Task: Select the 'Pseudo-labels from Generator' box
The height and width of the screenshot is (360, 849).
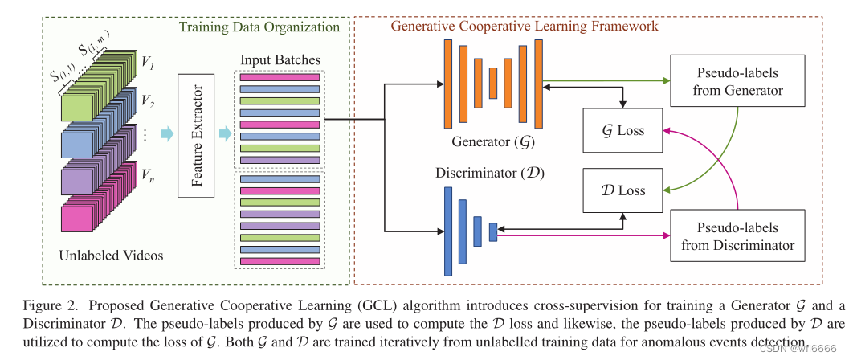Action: [x=737, y=81]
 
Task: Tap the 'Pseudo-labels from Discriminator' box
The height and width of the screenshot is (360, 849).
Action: [x=737, y=235]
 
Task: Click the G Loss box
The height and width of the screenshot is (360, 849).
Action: [x=622, y=130]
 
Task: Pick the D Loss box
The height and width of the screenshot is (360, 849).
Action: [x=622, y=190]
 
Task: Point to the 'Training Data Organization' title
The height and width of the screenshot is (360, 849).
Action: [x=259, y=27]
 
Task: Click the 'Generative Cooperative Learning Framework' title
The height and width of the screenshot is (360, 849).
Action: [x=525, y=26]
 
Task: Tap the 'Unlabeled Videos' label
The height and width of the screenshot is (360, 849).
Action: [x=112, y=256]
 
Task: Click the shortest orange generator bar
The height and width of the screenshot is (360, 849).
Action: [x=493, y=82]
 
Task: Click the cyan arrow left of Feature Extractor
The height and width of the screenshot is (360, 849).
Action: [x=168, y=134]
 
